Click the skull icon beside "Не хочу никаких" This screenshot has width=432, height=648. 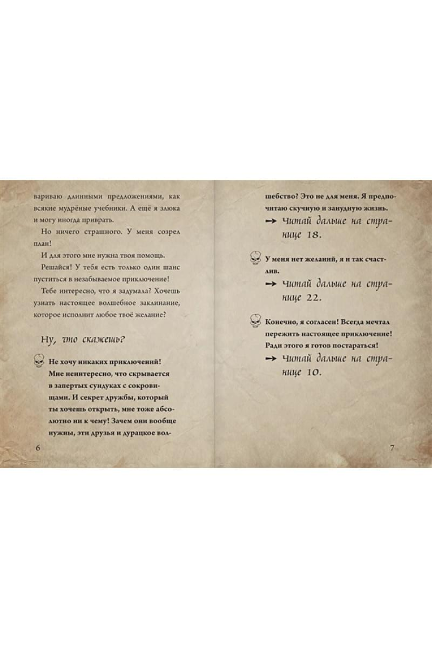(38, 361)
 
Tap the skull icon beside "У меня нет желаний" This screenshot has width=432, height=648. (255, 259)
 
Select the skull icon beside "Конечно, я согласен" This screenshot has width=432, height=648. (255, 322)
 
